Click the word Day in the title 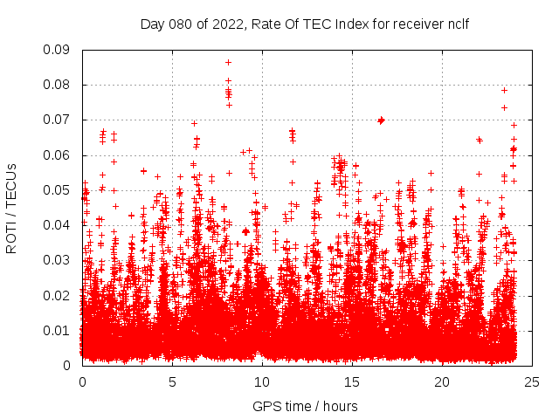[153, 24]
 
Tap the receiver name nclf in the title [456, 24]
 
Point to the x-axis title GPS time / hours [305, 407]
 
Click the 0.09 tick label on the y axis [59, 50]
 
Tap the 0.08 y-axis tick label [59, 85]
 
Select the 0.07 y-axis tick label [59, 120]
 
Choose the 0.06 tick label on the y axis [59, 155]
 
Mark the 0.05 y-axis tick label [59, 190]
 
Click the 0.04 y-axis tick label [59, 225]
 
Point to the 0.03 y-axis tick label [59, 260]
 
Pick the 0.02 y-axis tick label [59, 295]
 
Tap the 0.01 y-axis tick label [59, 330]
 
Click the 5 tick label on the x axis [172, 381]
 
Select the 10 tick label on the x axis [262, 381]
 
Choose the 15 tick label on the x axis [352, 381]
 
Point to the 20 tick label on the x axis [442, 381]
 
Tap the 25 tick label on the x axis [532, 381]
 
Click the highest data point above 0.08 [228, 62]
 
